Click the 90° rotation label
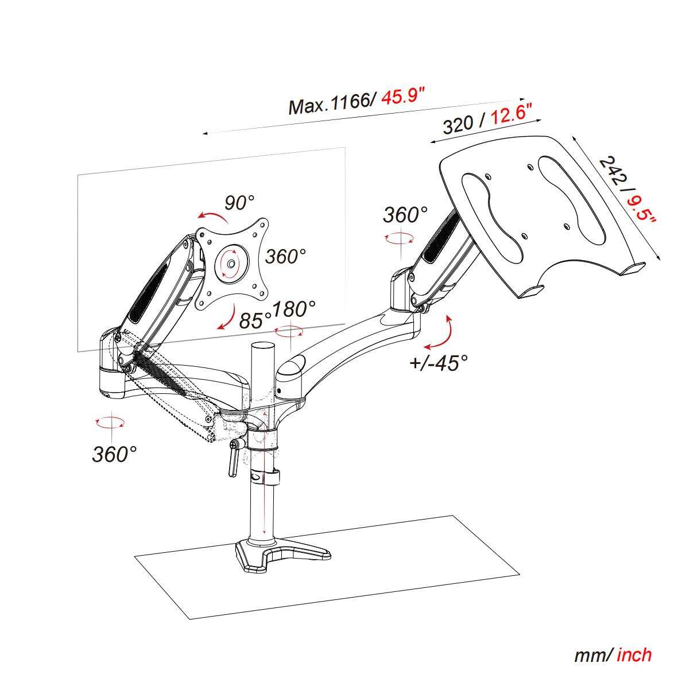239,202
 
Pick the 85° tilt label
255,320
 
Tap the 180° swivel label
293,309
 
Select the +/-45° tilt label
439,362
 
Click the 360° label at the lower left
114,454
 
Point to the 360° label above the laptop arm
405,215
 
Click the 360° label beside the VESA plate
285,257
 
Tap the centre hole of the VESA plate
231,264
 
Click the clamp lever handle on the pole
234,459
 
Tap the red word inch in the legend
634,655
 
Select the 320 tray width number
458,125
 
